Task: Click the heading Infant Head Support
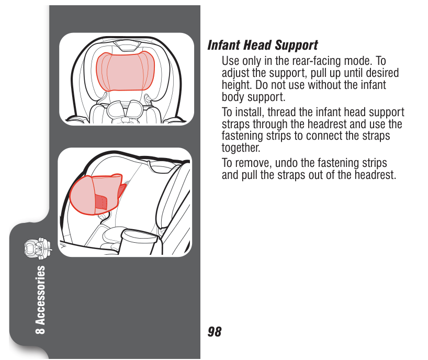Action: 263,46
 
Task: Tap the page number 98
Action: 215,332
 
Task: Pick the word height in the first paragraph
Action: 236,85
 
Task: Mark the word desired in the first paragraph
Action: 381,73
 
